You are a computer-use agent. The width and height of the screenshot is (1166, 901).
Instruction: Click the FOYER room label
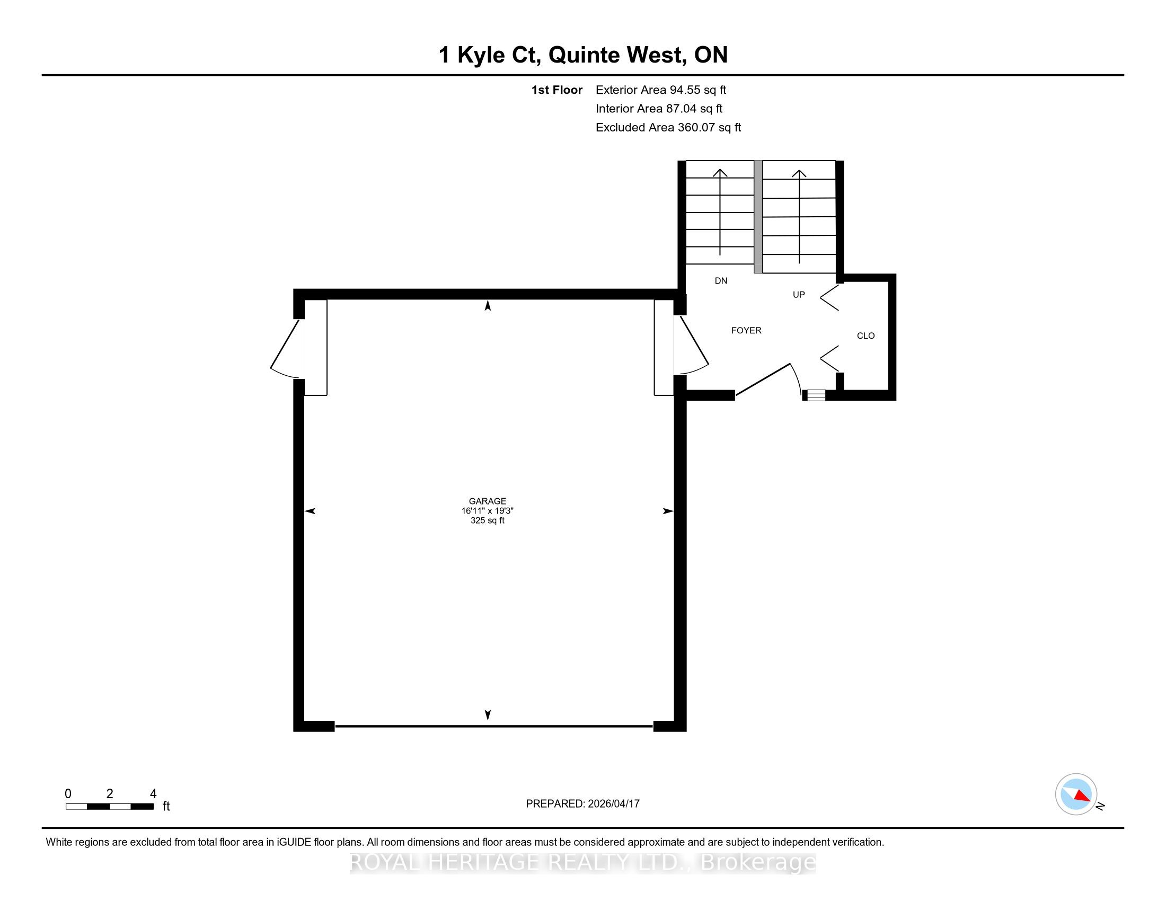(746, 330)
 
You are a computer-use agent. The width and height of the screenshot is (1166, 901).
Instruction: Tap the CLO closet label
(865, 335)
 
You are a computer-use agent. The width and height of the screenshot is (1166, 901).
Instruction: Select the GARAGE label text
(488, 501)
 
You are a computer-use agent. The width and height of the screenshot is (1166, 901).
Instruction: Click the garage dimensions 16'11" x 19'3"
(488, 511)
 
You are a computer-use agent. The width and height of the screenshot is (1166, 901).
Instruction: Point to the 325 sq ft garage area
(488, 520)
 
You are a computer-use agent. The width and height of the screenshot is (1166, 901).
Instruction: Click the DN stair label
(721, 281)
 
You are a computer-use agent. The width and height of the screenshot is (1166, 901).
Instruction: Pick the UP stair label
(799, 295)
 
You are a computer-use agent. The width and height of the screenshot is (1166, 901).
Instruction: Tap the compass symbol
(1076, 794)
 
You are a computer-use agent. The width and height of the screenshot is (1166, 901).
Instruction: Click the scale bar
(110, 806)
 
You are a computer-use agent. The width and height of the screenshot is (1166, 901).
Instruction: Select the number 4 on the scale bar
(153, 793)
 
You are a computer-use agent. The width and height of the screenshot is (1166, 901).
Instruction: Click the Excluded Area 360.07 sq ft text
(668, 128)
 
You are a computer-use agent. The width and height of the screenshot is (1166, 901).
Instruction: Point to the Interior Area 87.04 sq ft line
(659, 109)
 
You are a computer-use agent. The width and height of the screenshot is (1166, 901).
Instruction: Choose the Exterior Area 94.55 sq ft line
(661, 90)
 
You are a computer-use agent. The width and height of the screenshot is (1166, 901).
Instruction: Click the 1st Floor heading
(557, 90)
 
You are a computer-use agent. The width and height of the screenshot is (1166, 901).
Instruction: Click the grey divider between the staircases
(757, 217)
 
